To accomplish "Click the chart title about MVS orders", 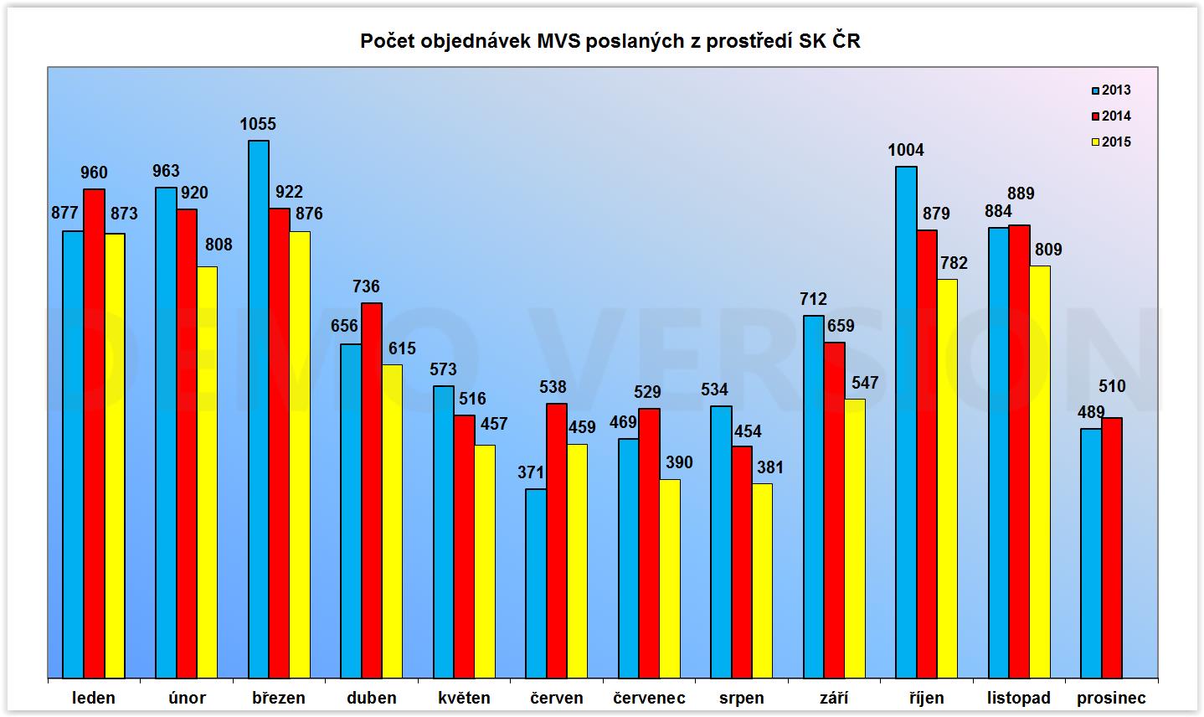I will tap(610, 41).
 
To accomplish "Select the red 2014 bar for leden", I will tap(94, 433).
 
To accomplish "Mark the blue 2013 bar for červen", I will tap(536, 583).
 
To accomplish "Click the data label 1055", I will tap(258, 125).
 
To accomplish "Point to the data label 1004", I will tap(906, 151).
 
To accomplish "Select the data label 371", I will tap(531, 472).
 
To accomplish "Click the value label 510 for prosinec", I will tap(1112, 387).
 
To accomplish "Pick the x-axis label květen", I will tap(464, 698).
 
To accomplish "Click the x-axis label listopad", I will tap(1018, 698).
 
